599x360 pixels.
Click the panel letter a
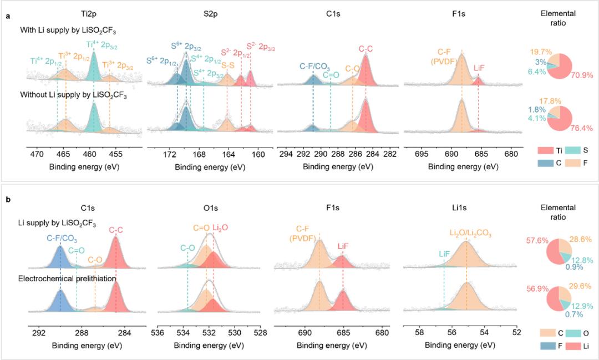pyautogui.click(x=7, y=16)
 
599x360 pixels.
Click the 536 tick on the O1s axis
pyautogui.click(x=157, y=333)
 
